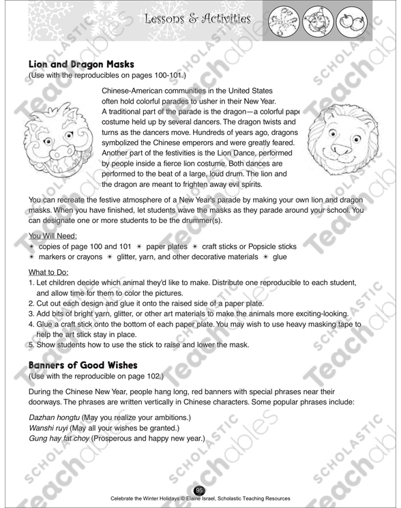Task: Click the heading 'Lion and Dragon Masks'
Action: click(x=85, y=64)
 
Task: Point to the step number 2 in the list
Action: click(x=31, y=302)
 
